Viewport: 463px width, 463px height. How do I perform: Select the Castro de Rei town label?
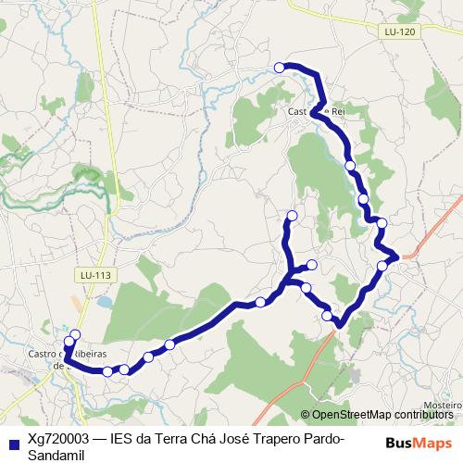click(x=316, y=112)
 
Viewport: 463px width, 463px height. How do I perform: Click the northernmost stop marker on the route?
click(x=280, y=66)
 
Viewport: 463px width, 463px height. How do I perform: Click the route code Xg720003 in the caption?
click(x=57, y=438)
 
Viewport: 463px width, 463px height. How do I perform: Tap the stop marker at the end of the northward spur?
click(x=292, y=216)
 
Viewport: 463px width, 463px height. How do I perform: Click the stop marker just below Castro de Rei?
click(x=350, y=165)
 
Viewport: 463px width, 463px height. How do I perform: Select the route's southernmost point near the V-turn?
click(x=341, y=325)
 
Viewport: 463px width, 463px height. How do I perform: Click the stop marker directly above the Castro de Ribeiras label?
click(x=75, y=335)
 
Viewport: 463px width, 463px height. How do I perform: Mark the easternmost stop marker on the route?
click(x=382, y=266)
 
